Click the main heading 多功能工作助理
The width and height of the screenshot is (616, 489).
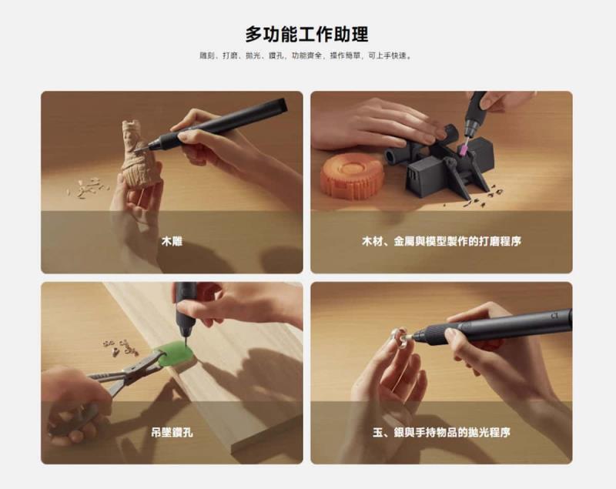(307, 35)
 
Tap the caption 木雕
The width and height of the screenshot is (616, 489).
(172, 242)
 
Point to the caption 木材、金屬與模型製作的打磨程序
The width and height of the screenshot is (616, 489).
(441, 242)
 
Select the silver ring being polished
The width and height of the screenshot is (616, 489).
(399, 336)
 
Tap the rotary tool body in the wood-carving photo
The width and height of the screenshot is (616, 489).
(231, 123)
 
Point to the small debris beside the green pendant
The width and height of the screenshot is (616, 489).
(120, 347)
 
